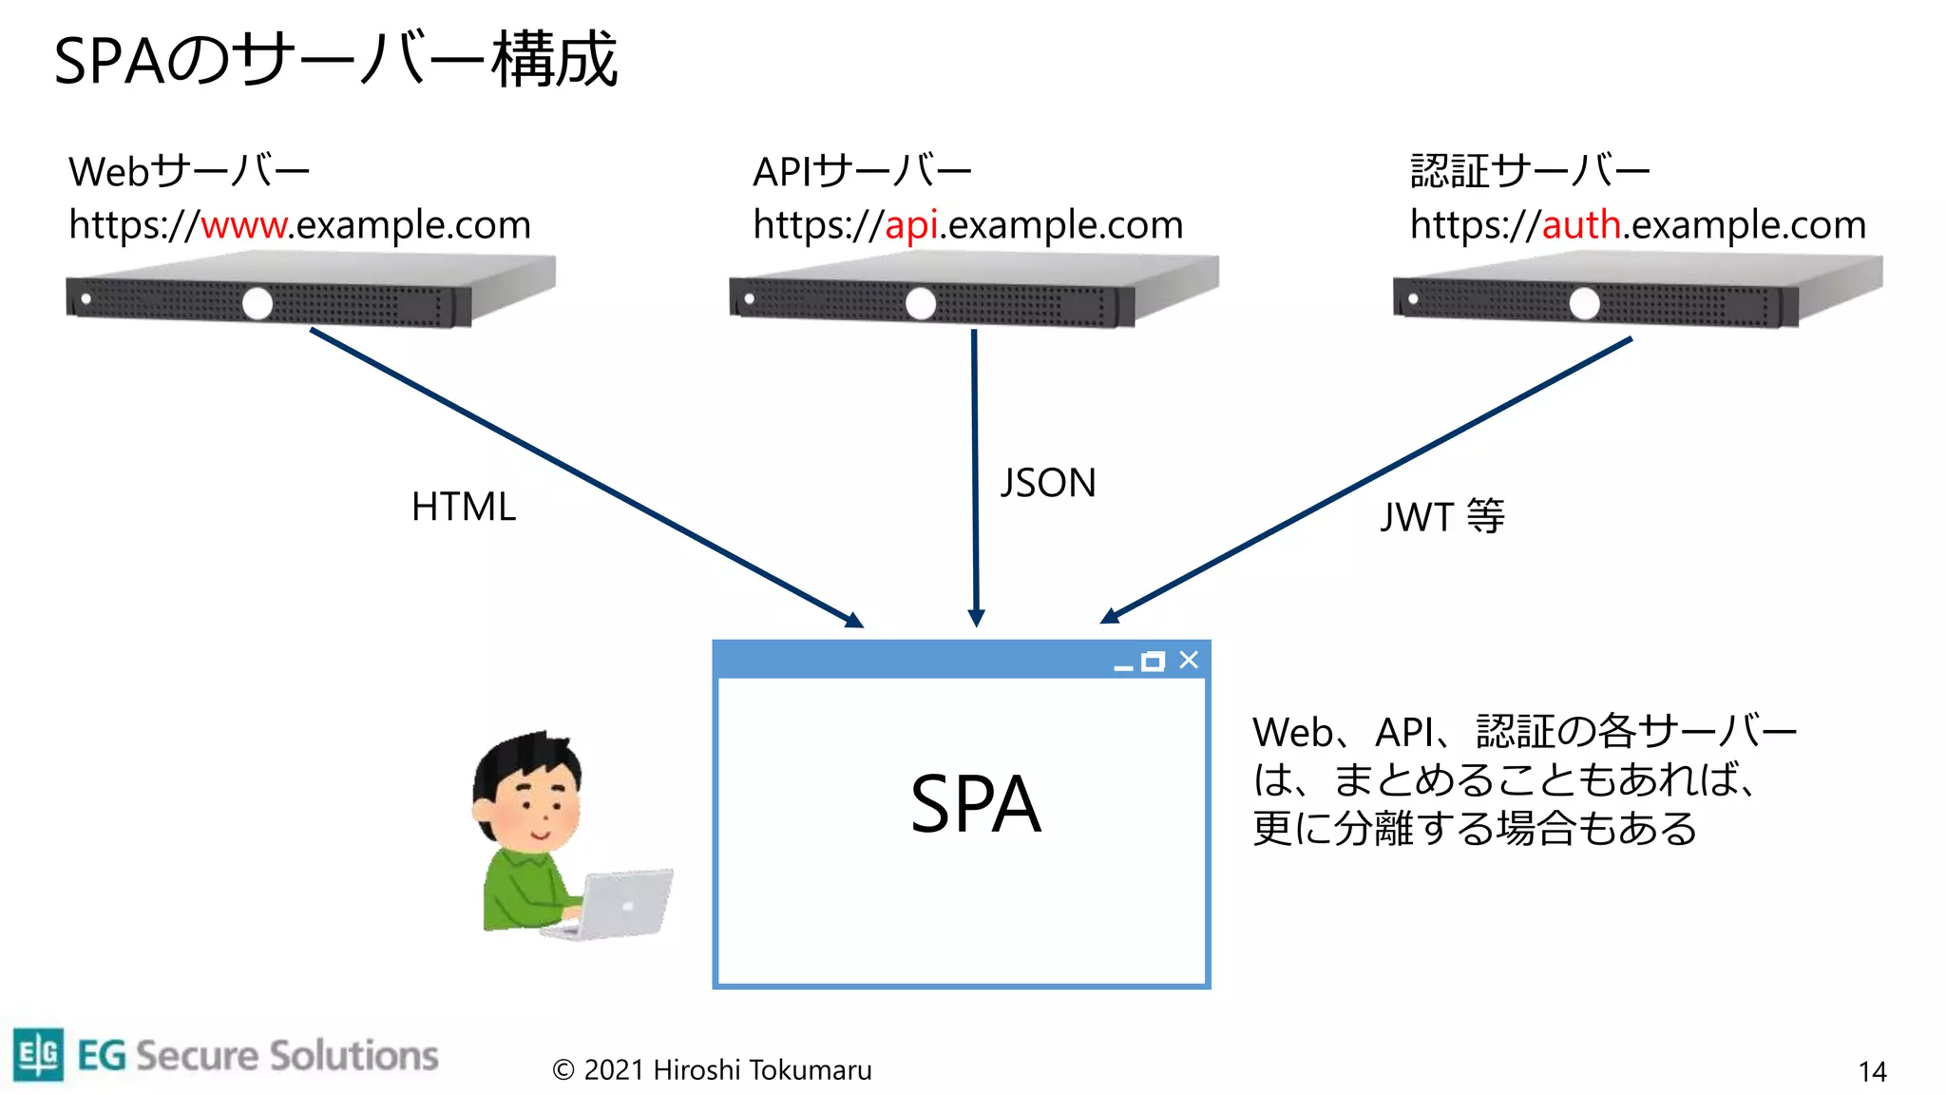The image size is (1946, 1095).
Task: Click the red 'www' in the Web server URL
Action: [x=244, y=226]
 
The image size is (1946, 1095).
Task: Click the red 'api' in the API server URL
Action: [x=911, y=226]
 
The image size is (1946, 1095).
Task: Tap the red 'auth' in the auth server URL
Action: [x=1581, y=226]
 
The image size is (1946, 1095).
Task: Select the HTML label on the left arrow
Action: [x=464, y=507]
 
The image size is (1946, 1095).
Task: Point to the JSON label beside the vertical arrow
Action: [x=1048, y=483]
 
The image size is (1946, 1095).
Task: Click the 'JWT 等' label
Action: [x=1441, y=516]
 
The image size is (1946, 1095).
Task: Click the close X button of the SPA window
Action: [x=1189, y=660]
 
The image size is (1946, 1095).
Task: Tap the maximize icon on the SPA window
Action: [x=1153, y=662]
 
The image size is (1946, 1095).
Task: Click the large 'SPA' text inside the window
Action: [x=975, y=804]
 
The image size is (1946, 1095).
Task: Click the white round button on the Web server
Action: [x=257, y=304]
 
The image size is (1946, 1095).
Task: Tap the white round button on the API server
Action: [x=920, y=304]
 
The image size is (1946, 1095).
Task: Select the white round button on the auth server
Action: [x=1584, y=304]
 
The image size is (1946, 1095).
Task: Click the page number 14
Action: [x=1872, y=1072]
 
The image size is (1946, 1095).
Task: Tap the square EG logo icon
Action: [x=39, y=1054]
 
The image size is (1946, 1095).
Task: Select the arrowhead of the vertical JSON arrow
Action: [x=976, y=618]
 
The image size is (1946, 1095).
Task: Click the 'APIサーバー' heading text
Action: [x=862, y=172]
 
